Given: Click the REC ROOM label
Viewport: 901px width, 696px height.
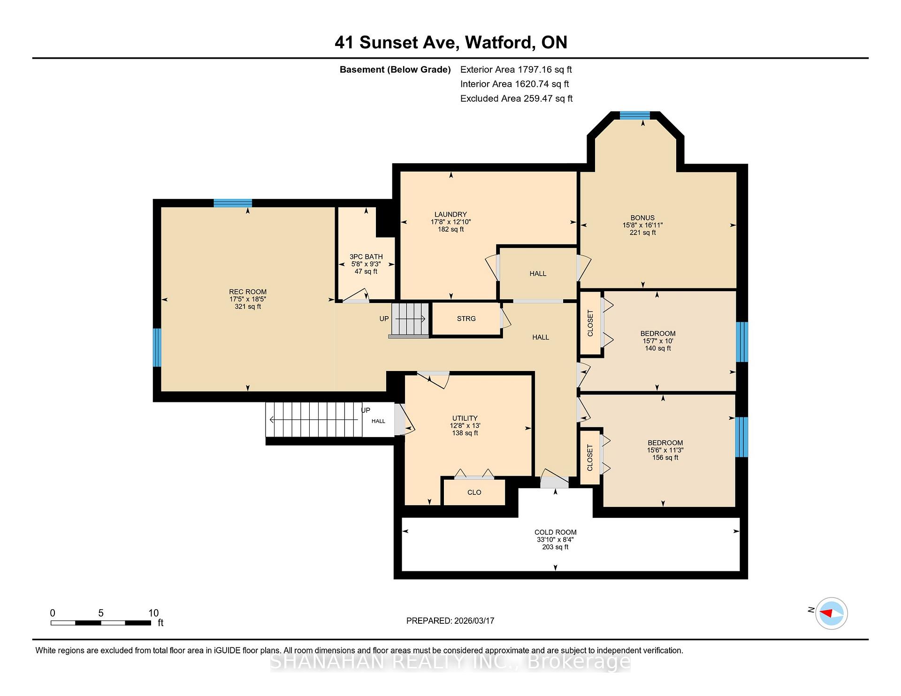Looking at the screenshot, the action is [x=248, y=292].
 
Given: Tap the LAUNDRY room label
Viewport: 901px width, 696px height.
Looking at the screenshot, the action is [x=450, y=214].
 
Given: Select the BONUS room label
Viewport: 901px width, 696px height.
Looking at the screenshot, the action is [x=642, y=218].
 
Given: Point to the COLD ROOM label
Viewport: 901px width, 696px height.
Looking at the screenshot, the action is [x=555, y=532].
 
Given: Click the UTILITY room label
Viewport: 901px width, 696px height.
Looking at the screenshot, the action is [x=465, y=418].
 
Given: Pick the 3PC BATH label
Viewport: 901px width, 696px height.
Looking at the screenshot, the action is [x=366, y=257].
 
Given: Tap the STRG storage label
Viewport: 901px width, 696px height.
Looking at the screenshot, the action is [x=466, y=318].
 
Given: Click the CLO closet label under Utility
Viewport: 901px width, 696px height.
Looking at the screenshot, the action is [x=474, y=492].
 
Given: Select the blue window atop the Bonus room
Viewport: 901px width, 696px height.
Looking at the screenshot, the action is [x=635, y=115].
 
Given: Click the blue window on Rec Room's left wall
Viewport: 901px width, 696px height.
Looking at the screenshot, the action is [x=157, y=348].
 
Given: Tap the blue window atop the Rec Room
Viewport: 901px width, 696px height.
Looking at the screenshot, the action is [x=233, y=203].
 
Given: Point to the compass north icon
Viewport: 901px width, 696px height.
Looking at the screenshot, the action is [x=831, y=613].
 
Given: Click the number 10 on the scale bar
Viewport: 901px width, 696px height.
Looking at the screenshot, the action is [x=153, y=613].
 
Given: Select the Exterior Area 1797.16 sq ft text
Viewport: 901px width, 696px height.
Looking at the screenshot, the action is [x=516, y=69].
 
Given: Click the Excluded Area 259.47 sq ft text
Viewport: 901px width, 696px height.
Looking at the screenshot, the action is [x=517, y=98].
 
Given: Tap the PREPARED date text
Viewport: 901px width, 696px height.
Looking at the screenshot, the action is [x=450, y=620].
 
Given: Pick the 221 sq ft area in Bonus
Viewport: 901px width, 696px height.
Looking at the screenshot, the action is [x=643, y=233].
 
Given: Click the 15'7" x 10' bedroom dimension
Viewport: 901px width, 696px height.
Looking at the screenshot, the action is [x=658, y=341].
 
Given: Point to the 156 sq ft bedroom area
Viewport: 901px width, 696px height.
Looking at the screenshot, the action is [x=665, y=458].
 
